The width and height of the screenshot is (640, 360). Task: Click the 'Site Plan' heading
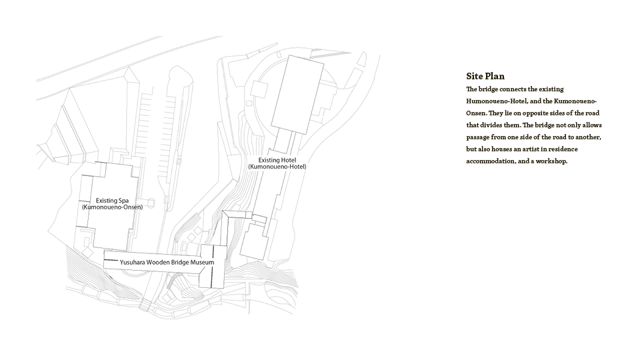click(x=485, y=76)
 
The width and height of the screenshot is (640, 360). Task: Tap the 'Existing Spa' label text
click(x=112, y=200)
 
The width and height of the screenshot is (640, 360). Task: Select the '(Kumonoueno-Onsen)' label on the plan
click(x=112, y=207)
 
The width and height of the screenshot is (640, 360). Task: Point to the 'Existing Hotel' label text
click(x=277, y=160)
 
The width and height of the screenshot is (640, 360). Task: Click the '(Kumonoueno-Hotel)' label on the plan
click(x=277, y=167)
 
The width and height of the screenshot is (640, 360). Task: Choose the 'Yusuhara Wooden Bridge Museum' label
click(x=167, y=263)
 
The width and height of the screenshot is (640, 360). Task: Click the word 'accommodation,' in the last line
click(x=491, y=161)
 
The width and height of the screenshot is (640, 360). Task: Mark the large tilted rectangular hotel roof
click(x=295, y=93)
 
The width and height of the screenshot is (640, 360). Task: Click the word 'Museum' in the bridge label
click(x=202, y=263)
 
